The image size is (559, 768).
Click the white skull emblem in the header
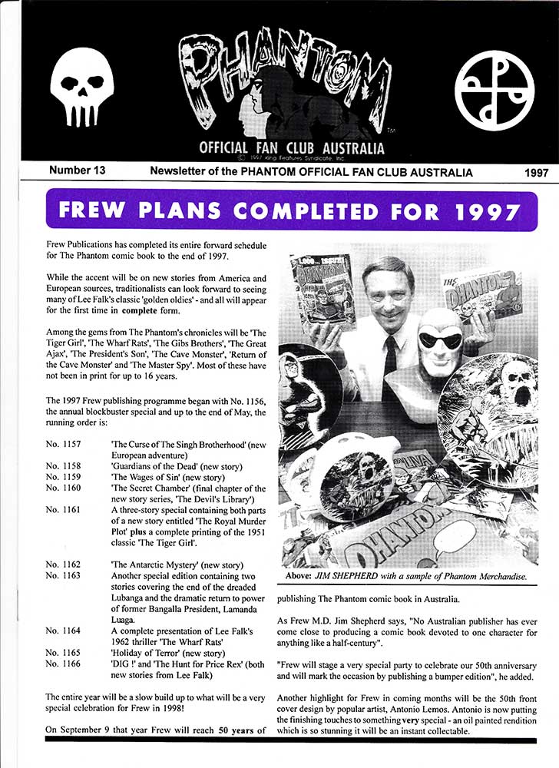(x=81, y=86)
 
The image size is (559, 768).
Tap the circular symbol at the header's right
(x=494, y=91)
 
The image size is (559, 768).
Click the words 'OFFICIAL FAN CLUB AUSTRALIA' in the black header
(x=292, y=147)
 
